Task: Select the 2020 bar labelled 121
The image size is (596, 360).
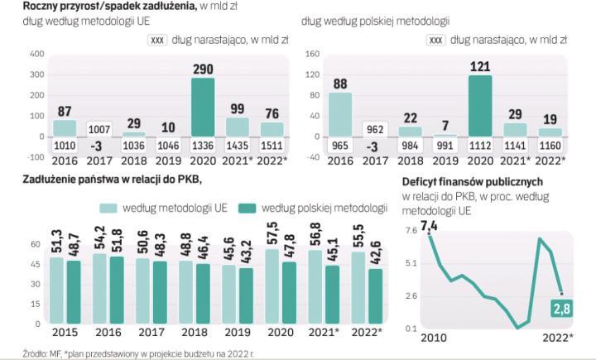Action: pyautogui.click(x=479, y=106)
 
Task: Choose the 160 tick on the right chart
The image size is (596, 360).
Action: pyautogui.click(x=313, y=54)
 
